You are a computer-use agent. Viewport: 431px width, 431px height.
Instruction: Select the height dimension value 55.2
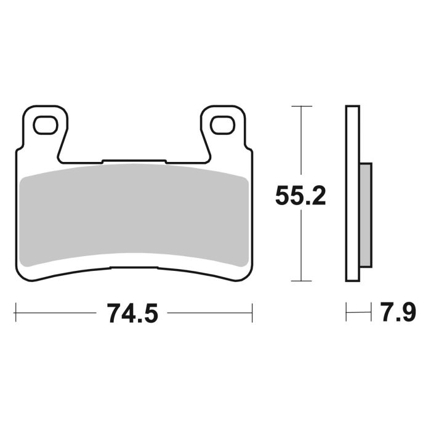300,196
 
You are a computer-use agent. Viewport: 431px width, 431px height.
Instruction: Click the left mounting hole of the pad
45,126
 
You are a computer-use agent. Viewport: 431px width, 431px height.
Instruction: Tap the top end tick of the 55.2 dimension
300,107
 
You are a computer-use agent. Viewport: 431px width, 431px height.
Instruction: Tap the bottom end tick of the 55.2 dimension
300,281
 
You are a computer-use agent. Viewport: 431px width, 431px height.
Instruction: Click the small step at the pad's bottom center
134,267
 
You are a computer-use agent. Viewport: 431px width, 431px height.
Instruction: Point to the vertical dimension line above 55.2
300,142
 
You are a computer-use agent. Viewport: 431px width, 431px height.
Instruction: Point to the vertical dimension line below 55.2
300,246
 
